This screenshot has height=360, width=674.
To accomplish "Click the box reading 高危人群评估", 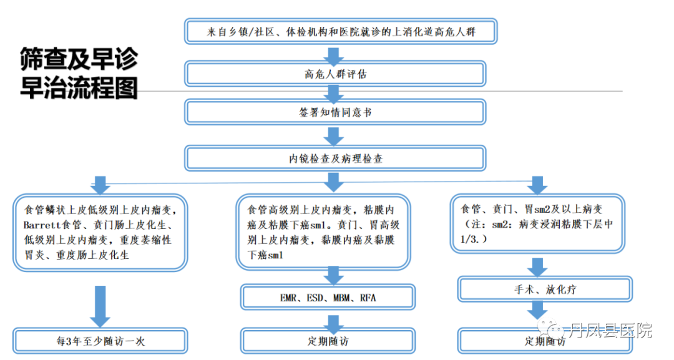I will [x=335, y=74].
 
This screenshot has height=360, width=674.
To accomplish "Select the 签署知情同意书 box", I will [x=335, y=113].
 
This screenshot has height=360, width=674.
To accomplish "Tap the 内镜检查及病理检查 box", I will [x=335, y=158].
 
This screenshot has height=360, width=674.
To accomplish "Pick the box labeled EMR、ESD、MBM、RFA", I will [x=328, y=298].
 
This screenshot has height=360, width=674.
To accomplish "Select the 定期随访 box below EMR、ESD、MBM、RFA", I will [x=328, y=341].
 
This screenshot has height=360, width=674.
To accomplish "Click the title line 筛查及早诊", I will [x=78, y=60].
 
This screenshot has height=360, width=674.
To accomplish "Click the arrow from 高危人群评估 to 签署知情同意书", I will [x=335, y=94].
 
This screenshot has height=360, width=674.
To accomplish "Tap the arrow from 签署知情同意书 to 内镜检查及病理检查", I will [x=335, y=136].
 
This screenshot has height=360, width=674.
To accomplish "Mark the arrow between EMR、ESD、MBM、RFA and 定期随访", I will [x=335, y=322].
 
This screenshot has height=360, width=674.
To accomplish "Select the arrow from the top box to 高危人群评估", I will [x=335, y=54].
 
